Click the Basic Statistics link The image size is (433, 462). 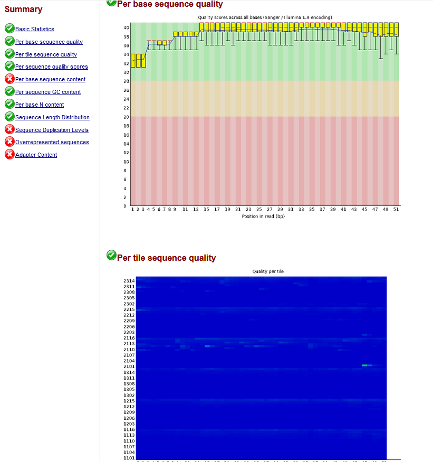[x=34, y=30]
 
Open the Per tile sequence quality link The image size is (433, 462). [x=46, y=54]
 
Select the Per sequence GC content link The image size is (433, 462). [x=48, y=92]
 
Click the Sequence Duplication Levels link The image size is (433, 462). [x=52, y=130]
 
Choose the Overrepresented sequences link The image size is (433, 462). [x=52, y=142]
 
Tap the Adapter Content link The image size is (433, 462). [x=36, y=155]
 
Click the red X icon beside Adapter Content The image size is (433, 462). [x=9, y=154]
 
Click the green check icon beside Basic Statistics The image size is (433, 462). [x=9, y=29]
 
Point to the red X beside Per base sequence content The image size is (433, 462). [x=9, y=79]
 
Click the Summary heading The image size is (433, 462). [x=24, y=10]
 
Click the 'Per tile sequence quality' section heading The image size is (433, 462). [x=166, y=258]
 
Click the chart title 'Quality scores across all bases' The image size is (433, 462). [x=265, y=17]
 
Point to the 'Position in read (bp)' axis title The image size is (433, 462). [x=263, y=216]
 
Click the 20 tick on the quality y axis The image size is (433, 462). [x=125, y=117]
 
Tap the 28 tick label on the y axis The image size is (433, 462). [x=125, y=81]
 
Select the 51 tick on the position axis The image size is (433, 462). [x=396, y=210]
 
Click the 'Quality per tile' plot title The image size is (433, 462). [x=268, y=271]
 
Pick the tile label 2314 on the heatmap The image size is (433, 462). [x=129, y=281]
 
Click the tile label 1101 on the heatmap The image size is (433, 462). [x=129, y=458]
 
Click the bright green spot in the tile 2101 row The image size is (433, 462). [x=365, y=365]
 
